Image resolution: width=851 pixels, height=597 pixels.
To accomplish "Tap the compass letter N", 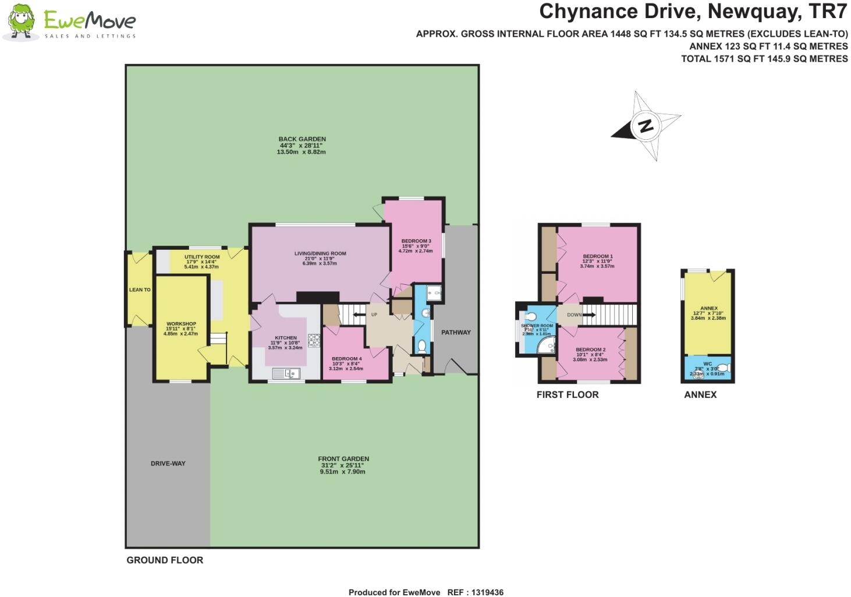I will (x=645, y=126).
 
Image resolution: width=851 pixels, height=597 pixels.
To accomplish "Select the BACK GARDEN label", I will (x=302, y=139).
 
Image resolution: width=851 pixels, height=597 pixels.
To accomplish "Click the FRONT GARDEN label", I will (x=343, y=459).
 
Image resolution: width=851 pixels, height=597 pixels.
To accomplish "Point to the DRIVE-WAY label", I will (x=168, y=464).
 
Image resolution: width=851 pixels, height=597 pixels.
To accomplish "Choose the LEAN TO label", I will (x=140, y=289).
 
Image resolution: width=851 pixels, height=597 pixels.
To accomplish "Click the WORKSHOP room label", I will (x=181, y=324).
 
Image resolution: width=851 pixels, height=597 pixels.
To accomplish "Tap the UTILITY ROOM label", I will (x=202, y=257).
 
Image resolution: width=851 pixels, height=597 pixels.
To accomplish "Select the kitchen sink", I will (x=288, y=373).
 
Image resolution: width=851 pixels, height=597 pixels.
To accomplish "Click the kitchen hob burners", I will (x=314, y=340).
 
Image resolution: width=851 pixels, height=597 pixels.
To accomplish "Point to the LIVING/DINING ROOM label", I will (x=320, y=253).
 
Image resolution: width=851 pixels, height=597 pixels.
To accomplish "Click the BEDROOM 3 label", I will (x=416, y=241).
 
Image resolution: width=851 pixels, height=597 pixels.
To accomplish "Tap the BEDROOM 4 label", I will (x=346, y=359).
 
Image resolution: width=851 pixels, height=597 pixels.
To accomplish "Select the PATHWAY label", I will (x=456, y=333).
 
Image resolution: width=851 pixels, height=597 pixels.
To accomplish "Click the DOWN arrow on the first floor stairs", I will (x=588, y=315).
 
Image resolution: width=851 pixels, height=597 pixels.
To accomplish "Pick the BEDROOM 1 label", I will (x=598, y=256).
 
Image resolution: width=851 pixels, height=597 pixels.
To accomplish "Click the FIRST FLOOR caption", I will (x=567, y=395).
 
